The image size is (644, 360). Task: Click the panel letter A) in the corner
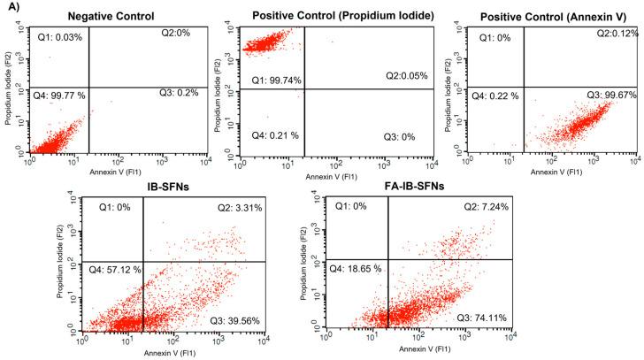tap(11, 8)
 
